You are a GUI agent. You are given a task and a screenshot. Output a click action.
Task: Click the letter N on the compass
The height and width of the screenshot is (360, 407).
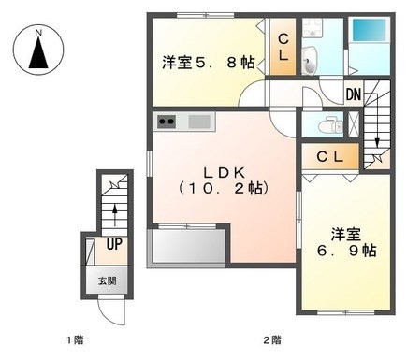[x=38, y=32]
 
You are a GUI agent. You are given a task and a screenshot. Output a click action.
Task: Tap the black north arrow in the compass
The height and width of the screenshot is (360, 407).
[x=38, y=53]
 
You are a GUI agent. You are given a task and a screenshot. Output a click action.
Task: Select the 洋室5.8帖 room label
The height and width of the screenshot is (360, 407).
[x=209, y=63]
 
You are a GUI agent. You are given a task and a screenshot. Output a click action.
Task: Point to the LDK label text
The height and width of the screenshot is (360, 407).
[x=224, y=172]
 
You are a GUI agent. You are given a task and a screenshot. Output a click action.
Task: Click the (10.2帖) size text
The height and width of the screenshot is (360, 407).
[x=224, y=188]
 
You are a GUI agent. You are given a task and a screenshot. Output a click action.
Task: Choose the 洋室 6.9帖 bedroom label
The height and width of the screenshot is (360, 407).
[x=346, y=242]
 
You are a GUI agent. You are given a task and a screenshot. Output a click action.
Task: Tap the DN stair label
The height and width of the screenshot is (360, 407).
[x=354, y=94]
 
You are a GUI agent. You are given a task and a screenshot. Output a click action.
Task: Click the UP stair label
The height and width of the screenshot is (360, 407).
[x=114, y=244]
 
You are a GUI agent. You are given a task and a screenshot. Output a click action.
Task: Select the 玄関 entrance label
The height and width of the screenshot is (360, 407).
[x=108, y=281]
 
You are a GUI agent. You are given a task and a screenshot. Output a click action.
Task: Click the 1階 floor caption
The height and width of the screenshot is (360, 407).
[x=75, y=339]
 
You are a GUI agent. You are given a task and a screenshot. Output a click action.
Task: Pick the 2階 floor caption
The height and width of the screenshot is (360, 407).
[x=272, y=339]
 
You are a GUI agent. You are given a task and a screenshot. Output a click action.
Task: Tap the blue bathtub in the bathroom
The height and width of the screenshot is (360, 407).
[x=370, y=30]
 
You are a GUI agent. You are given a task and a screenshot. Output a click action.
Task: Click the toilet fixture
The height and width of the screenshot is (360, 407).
[x=330, y=125]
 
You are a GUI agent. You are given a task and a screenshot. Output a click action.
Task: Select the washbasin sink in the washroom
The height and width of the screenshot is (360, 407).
[x=309, y=61]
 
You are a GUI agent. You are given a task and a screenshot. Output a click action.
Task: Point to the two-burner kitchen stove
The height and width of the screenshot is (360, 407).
[x=167, y=122]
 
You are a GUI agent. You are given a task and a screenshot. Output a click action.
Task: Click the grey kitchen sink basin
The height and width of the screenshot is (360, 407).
[x=199, y=122]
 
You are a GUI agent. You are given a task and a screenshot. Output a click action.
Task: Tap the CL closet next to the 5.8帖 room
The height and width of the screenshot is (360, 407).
[x=283, y=47]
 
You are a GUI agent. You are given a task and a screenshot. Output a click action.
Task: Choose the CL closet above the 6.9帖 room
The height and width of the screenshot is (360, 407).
[x=330, y=157]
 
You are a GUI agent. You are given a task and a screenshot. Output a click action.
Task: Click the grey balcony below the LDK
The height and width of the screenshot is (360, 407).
[x=188, y=246]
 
